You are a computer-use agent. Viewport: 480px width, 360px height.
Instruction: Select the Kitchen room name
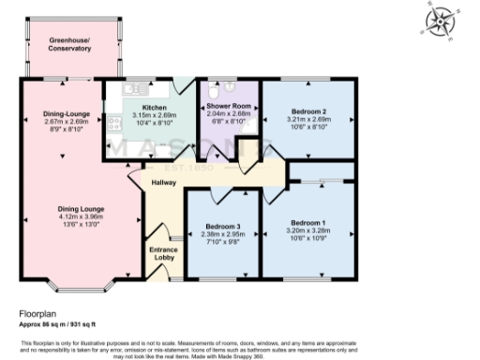[x=154, y=108]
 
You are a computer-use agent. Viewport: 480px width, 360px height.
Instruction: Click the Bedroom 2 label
[x=308, y=111]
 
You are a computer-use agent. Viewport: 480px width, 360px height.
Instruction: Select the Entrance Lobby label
[x=164, y=254]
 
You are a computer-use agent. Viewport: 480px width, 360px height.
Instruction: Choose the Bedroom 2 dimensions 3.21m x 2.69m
[x=308, y=119]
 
